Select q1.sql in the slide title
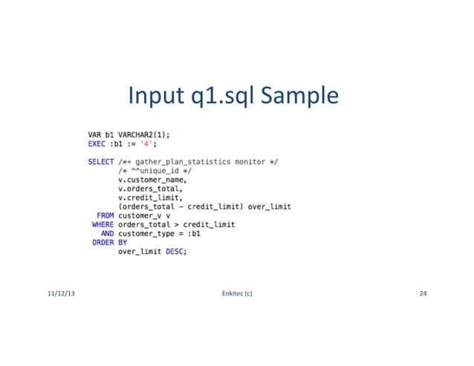coord(214,97)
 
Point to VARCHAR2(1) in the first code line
coord(144,134)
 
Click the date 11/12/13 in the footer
coord(60,295)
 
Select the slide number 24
coord(423,295)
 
